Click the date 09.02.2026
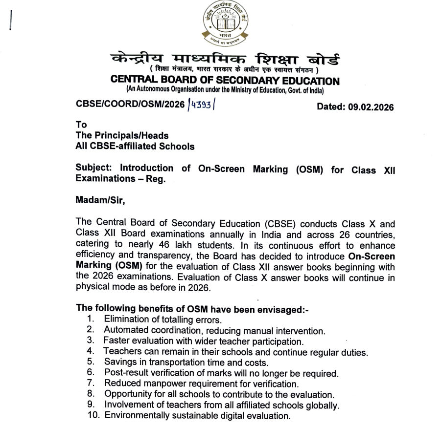(x=371, y=107)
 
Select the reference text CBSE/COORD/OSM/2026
(x=130, y=105)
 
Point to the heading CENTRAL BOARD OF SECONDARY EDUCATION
(x=224, y=81)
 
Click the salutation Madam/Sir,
(x=97, y=199)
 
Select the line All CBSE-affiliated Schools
(x=135, y=146)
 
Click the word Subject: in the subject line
(x=94, y=169)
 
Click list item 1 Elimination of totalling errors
(x=163, y=320)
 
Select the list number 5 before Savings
(x=90, y=363)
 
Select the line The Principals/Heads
(x=122, y=135)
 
